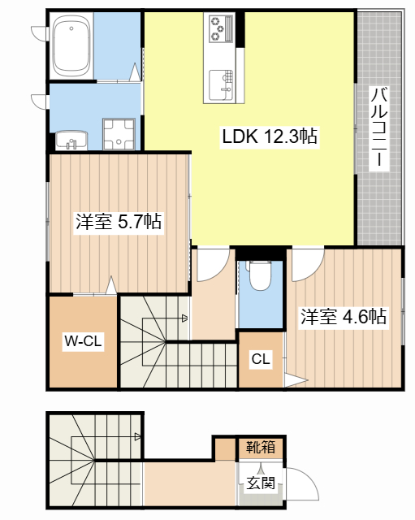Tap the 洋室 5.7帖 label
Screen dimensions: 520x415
[118, 222]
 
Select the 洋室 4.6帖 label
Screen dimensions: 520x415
[343, 317]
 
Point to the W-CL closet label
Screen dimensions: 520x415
[82, 342]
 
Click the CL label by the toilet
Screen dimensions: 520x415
[261, 358]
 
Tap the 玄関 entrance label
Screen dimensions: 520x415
[261, 483]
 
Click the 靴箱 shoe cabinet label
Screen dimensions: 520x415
[261, 447]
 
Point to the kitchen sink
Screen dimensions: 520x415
[222, 84]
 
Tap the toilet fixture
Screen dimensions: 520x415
[260, 276]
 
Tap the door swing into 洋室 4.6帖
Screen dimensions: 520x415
[307, 261]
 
